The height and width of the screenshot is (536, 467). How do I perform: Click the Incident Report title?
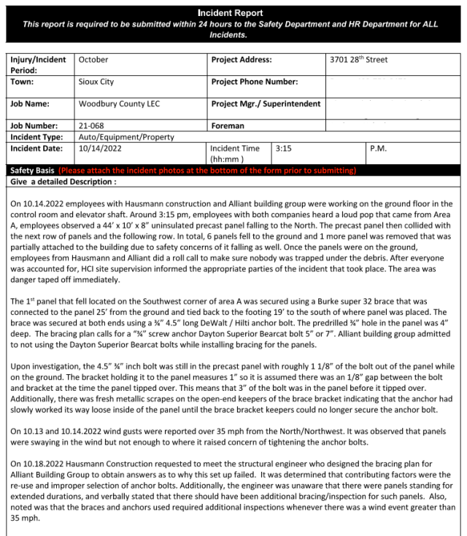234,13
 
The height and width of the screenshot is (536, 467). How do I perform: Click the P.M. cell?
379,148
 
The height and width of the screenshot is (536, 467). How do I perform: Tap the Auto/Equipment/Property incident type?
126,136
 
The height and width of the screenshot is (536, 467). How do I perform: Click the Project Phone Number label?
255,82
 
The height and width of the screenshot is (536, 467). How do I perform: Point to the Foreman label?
228,125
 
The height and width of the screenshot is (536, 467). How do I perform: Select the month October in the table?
93,60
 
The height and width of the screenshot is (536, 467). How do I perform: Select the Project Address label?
242,60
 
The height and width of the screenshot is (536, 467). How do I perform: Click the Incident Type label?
36,136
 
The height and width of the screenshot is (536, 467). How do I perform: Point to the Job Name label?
29,104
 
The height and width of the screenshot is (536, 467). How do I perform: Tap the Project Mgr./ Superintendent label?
266,104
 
